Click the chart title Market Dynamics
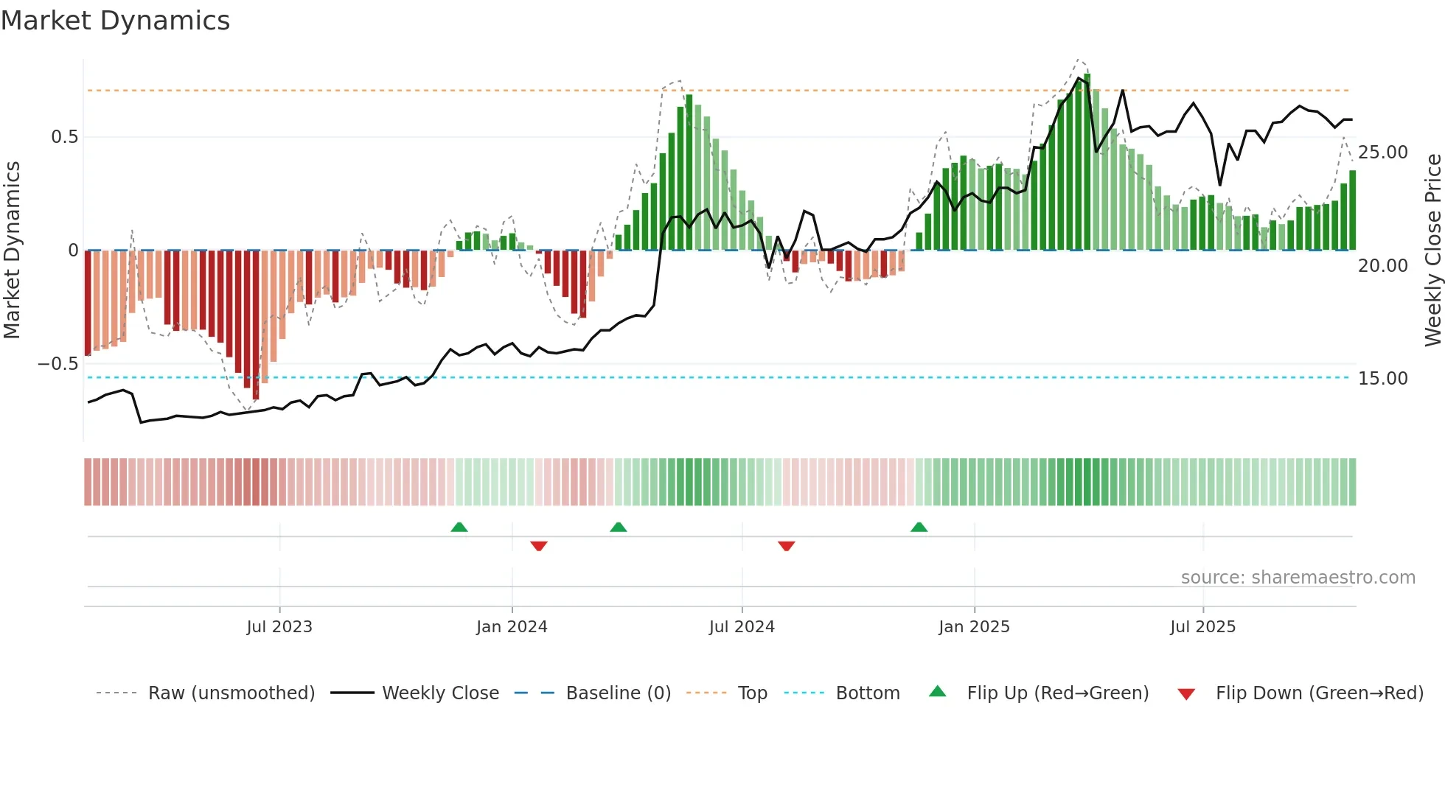pos(115,21)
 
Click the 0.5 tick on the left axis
pos(64,137)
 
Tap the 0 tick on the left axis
pos(73,251)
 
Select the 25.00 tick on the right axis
pos(1382,153)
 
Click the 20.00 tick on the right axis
pos(1382,266)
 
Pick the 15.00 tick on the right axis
pos(1382,379)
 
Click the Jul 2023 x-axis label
pos(279,627)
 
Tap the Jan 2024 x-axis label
pos(512,627)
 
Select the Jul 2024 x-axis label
pos(742,627)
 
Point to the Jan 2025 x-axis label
pos(974,627)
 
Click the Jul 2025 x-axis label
pos(1202,627)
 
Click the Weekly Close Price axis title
pos(1432,250)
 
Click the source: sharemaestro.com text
pos(1298,578)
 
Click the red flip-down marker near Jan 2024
pos(539,546)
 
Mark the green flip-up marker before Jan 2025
pos(919,528)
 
